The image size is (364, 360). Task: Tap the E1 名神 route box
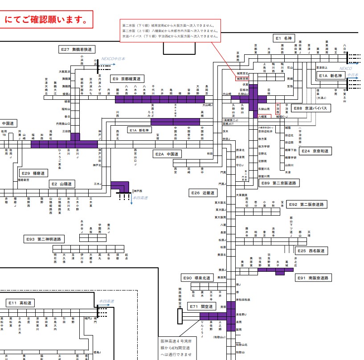coord(284,38)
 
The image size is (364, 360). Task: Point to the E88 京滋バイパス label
coord(310,108)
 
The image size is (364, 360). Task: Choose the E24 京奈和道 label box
coord(315,151)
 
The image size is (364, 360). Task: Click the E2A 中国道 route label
coord(167,154)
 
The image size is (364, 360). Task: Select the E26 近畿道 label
coord(203,193)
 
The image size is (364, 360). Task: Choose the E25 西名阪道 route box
coord(311,251)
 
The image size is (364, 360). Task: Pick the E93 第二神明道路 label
coord(45,239)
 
